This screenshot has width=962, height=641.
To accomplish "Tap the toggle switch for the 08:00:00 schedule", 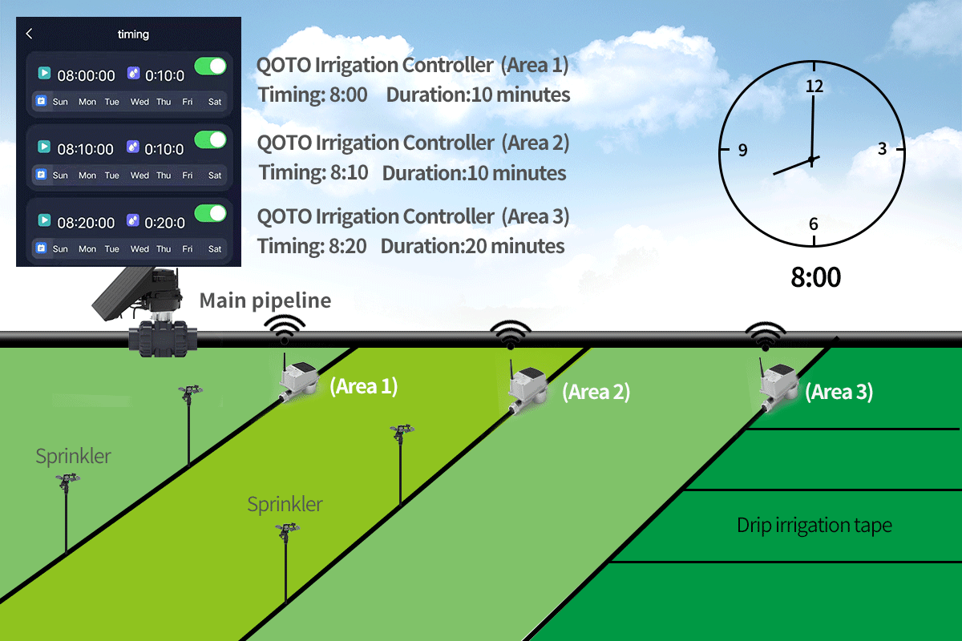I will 211,67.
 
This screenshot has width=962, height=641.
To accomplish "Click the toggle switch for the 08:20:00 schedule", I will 211,214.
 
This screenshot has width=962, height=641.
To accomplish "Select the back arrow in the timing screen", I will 30,34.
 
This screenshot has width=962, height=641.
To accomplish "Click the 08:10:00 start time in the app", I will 86,149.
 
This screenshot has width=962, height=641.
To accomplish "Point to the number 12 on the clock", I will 814,87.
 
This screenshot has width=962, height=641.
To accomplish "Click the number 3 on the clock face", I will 882,148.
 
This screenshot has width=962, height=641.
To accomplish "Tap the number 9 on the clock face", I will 742,150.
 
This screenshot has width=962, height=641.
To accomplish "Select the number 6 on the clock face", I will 814,224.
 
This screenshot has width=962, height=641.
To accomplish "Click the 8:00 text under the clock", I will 815,277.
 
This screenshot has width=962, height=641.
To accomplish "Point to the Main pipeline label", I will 265,300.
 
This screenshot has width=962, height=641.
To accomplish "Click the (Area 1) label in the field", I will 363,386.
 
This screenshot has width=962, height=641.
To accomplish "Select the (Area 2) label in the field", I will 596,392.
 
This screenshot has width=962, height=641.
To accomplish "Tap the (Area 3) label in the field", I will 839,392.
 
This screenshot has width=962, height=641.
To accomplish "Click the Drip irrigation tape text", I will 814,526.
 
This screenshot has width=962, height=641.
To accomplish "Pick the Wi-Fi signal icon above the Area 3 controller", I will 766,337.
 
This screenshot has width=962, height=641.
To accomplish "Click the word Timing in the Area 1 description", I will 286,95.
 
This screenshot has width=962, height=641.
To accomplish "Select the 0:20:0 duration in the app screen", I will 164,223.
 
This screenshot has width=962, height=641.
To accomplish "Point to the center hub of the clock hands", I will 811,159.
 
